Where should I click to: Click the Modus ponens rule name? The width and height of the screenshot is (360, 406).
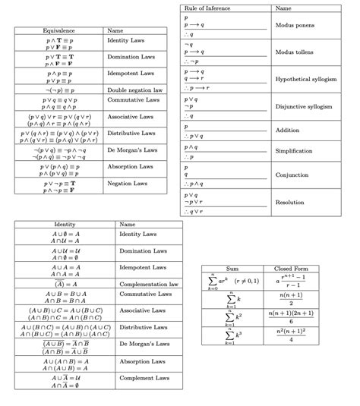(295, 25)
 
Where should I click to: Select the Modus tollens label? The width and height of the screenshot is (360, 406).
(295, 52)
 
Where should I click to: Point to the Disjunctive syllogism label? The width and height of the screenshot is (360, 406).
(305, 107)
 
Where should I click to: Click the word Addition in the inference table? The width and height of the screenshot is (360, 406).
(288, 131)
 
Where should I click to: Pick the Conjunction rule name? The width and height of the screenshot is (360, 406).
(292, 175)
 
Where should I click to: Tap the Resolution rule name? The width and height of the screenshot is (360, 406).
(290, 203)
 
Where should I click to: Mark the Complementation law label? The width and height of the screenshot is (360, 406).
(147, 284)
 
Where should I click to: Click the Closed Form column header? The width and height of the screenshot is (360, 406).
(291, 269)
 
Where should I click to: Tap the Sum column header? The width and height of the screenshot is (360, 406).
(232, 269)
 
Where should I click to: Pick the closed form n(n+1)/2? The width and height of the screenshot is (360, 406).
(291, 299)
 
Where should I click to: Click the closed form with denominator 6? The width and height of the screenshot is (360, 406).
(291, 317)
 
